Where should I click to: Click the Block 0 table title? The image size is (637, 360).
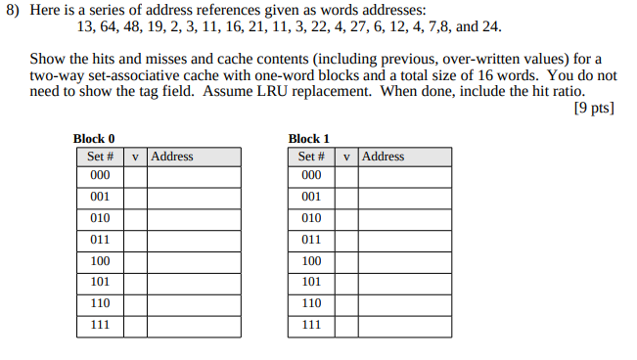coord(94,139)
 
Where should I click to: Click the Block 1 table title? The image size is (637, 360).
coord(309,139)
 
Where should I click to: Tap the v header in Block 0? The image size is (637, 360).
coord(135,157)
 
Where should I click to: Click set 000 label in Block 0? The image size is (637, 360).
coord(100,176)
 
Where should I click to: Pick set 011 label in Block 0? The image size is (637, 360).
coord(100,240)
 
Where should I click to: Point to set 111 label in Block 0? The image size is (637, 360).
coord(100,325)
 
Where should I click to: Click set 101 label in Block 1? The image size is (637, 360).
coord(311,283)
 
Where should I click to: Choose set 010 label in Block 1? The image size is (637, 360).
coord(311,218)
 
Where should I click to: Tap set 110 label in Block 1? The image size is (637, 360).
coord(311,303)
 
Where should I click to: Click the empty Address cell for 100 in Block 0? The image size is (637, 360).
coord(194,261)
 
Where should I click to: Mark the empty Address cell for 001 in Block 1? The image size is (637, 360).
coord(405,197)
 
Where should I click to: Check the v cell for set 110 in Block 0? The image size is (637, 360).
coord(135,303)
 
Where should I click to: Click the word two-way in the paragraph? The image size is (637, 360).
coord(56,75)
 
